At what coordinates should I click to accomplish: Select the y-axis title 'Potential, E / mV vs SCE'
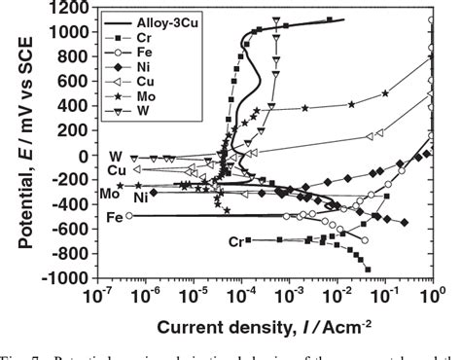14,141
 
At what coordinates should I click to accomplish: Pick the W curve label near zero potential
115,156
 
